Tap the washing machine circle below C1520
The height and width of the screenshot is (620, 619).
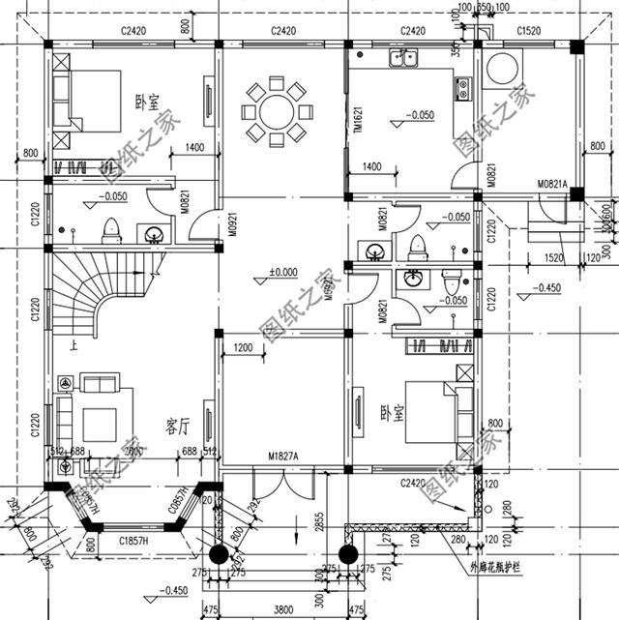(505, 71)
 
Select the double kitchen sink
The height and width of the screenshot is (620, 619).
(402, 60)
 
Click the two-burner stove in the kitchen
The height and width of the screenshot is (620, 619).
(462, 90)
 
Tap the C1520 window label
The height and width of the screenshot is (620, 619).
(529, 32)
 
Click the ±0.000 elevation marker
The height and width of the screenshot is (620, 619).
(283, 272)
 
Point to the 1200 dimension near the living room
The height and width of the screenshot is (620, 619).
(242, 347)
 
